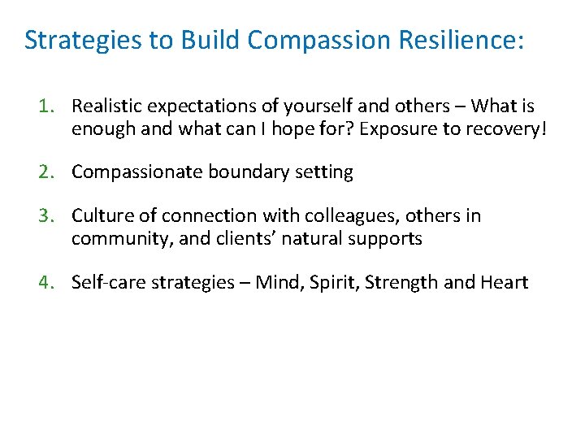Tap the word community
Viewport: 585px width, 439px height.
[113, 238]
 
